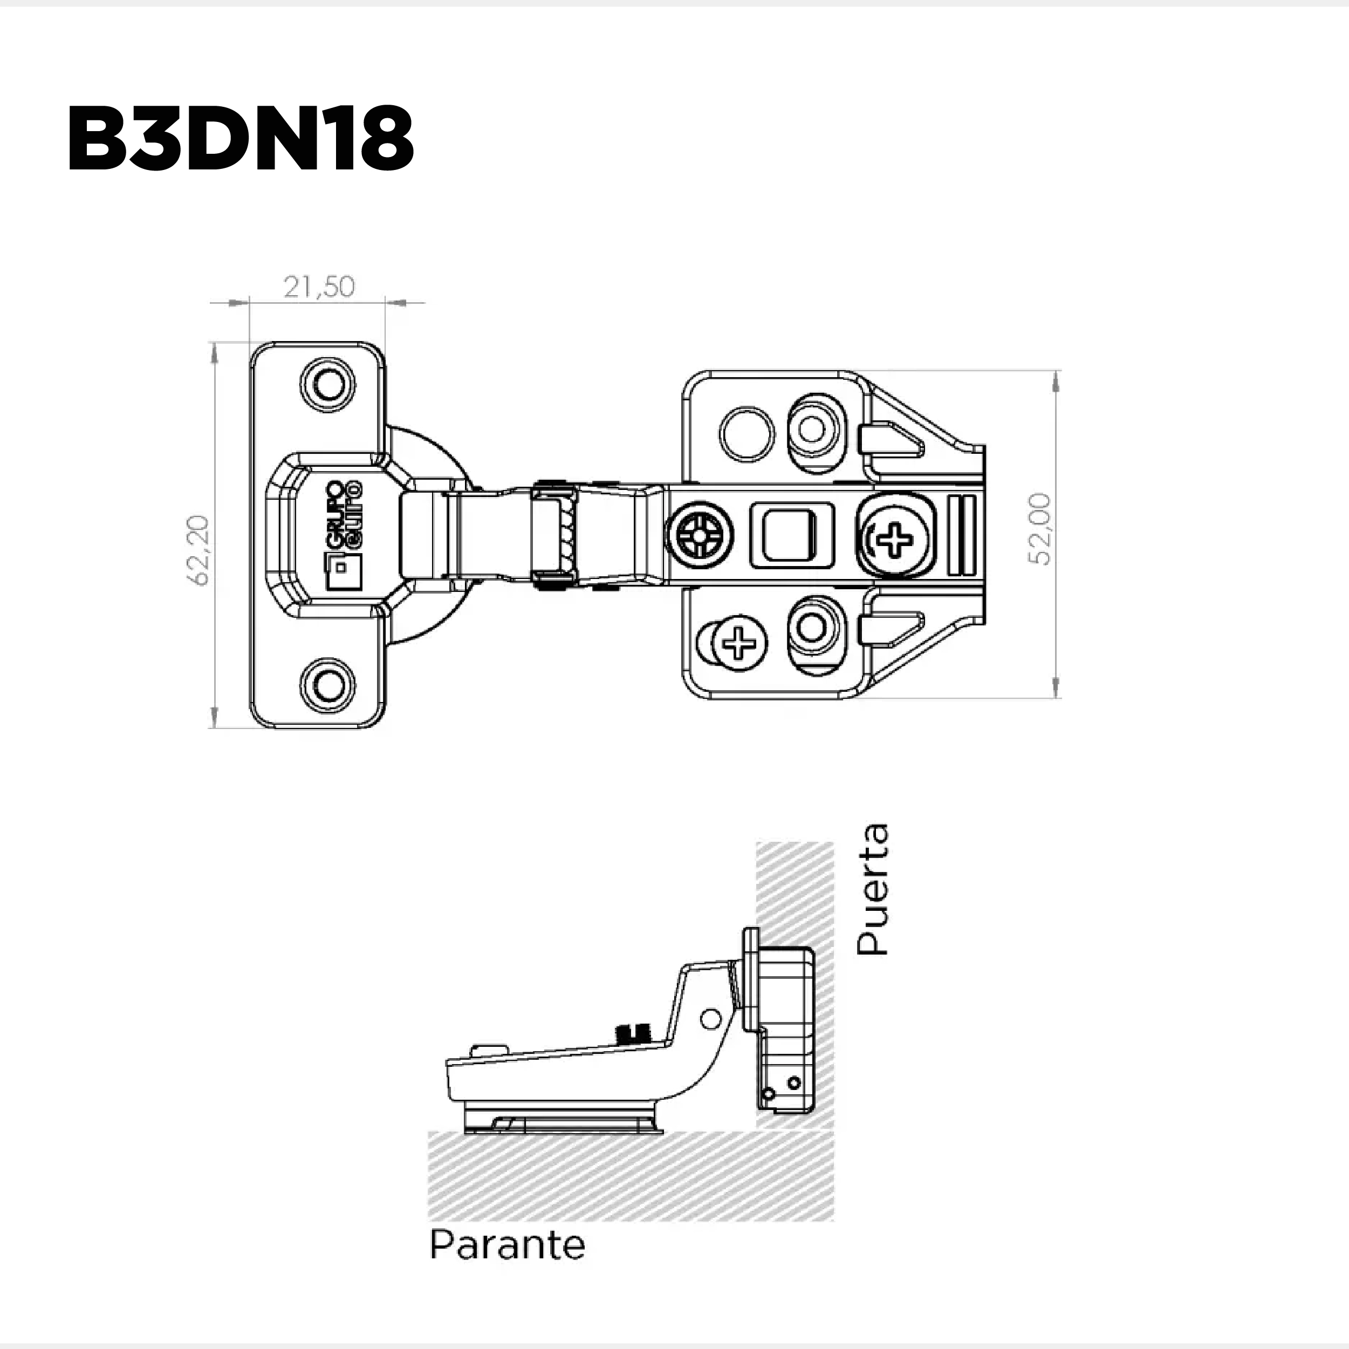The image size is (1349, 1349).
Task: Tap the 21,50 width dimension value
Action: coord(319,287)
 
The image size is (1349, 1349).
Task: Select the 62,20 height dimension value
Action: coord(198,550)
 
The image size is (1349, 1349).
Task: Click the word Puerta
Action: coord(872,889)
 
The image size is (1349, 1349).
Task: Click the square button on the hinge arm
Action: coord(791,535)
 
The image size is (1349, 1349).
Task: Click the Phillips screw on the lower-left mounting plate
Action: coord(739,642)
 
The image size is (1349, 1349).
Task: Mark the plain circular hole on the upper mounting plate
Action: coord(747,434)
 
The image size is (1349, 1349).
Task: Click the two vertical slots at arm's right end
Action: coord(964,534)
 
